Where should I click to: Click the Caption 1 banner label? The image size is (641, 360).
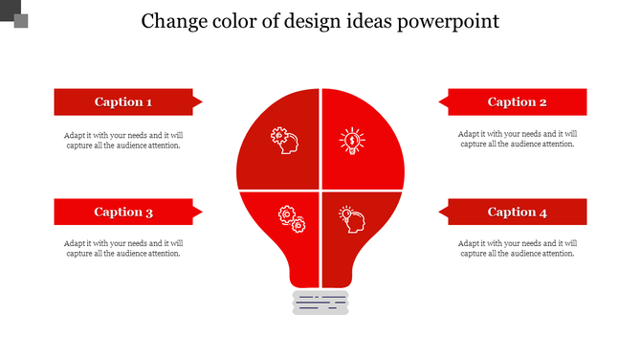point(123,102)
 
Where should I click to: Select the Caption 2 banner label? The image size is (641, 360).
point(517,102)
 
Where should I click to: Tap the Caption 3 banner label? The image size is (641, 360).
point(123,213)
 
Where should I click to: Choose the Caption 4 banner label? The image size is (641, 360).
point(517,213)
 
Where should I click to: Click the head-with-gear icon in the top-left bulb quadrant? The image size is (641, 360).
point(284,141)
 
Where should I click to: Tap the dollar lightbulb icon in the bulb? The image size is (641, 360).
point(352,142)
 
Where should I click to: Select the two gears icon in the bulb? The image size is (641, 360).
point(291,219)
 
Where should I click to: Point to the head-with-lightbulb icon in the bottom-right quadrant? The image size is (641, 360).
point(352,220)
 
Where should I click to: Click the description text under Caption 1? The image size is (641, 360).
point(123,140)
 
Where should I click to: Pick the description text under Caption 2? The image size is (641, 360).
point(517,140)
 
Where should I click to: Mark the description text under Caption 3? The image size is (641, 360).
point(123,248)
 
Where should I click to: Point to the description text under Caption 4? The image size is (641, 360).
point(517,248)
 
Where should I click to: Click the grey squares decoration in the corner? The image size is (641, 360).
point(15,15)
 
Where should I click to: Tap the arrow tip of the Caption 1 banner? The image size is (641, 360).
point(198,101)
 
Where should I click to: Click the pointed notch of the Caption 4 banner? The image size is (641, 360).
point(443,212)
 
